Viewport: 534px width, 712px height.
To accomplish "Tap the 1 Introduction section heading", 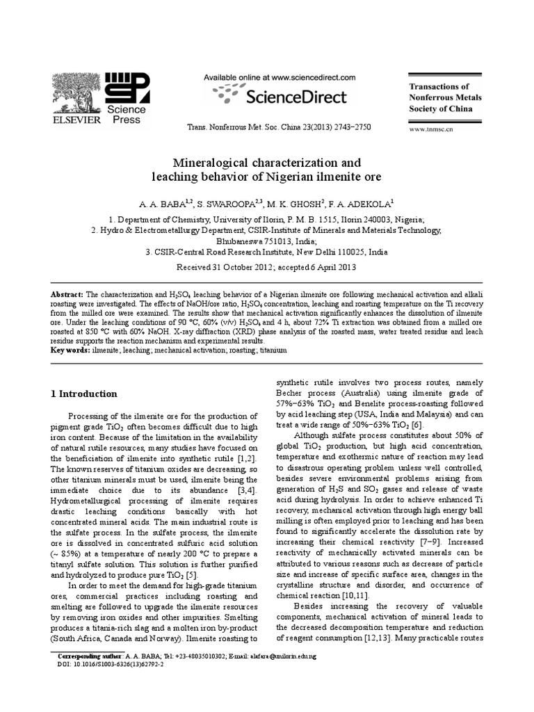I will tap(84, 394).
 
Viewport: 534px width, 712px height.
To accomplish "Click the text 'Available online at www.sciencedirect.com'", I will tap(280, 78).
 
